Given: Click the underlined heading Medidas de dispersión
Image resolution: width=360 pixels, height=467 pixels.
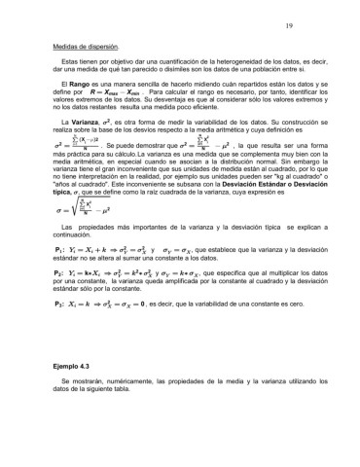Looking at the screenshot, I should click(x=86, y=47).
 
